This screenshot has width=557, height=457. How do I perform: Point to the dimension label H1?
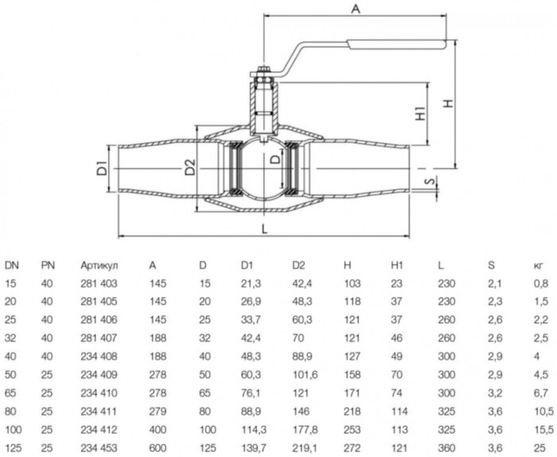419,115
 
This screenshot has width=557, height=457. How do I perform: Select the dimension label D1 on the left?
101,169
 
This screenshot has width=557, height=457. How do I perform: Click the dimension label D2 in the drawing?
189,168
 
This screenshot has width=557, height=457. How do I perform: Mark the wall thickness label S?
429,183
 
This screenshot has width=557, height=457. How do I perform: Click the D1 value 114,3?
251,428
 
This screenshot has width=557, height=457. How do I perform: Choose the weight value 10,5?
541,411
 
